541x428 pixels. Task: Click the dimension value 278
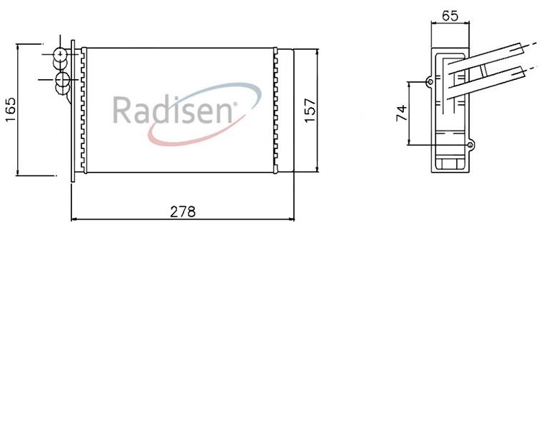pos(183,211)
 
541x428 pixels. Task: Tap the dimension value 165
pos(11,109)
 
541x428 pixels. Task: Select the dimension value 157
pos(310,111)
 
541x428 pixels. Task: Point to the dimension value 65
pos(450,16)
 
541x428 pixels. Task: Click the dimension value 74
pos(402,113)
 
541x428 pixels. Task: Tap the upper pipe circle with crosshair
pos(61,54)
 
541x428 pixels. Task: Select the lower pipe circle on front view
pos(62,80)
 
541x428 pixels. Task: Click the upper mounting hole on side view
pos(430,82)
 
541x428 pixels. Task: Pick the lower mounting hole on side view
pos(470,145)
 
